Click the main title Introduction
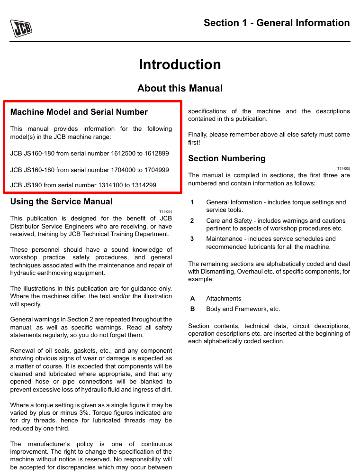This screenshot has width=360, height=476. (x=180, y=64)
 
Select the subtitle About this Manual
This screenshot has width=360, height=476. (x=180, y=88)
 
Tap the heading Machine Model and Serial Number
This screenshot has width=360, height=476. (x=79, y=112)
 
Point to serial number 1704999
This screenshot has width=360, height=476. (x=157, y=169)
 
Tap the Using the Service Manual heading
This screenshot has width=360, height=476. (x=61, y=201)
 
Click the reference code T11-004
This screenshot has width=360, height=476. (x=165, y=211)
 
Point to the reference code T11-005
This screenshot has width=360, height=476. (x=343, y=168)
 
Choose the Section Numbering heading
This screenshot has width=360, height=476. (x=227, y=158)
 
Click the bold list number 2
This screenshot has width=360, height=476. (x=192, y=221)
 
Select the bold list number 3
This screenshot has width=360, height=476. (x=192, y=239)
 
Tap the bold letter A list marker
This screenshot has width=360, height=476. (x=192, y=299)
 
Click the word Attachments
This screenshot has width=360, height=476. (x=224, y=299)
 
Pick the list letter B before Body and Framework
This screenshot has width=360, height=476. (x=192, y=309)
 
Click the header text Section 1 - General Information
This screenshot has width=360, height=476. (x=277, y=23)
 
